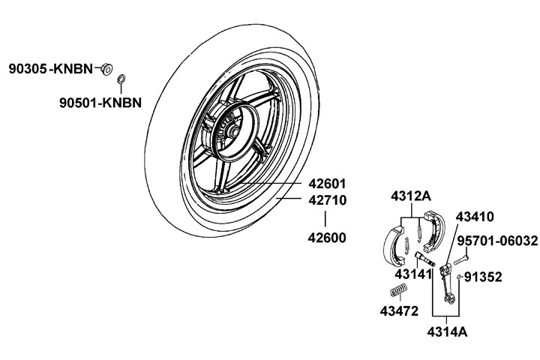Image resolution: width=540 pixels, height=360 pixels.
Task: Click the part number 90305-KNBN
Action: click(x=51, y=69)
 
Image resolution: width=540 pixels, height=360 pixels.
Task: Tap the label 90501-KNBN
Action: click(x=100, y=103)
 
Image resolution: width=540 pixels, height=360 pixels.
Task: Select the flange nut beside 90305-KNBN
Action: click(x=107, y=69)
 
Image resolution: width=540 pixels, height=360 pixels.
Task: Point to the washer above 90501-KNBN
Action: click(x=121, y=79)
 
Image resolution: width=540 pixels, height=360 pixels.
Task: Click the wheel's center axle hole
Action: click(x=232, y=131)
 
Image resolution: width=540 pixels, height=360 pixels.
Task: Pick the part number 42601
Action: click(x=327, y=184)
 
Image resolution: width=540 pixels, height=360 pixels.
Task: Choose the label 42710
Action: click(x=327, y=200)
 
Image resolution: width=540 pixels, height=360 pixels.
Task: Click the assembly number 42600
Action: click(x=327, y=238)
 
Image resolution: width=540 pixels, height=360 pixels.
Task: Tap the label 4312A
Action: click(x=411, y=196)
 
